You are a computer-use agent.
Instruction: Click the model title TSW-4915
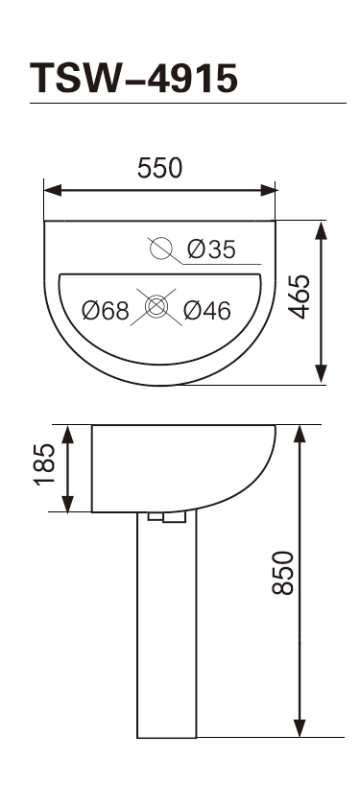[x=133, y=78]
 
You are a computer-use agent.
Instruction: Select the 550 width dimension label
[x=160, y=168]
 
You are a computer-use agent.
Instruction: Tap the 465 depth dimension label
[x=299, y=296]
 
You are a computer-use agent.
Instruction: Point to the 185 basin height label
[x=44, y=464]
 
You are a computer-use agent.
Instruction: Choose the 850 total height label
[x=283, y=573]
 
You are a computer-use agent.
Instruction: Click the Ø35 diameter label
[x=211, y=249]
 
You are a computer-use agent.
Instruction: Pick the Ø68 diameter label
[x=106, y=311]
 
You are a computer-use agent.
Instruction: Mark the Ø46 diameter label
[x=207, y=311]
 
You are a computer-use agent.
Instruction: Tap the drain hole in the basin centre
[x=156, y=306]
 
